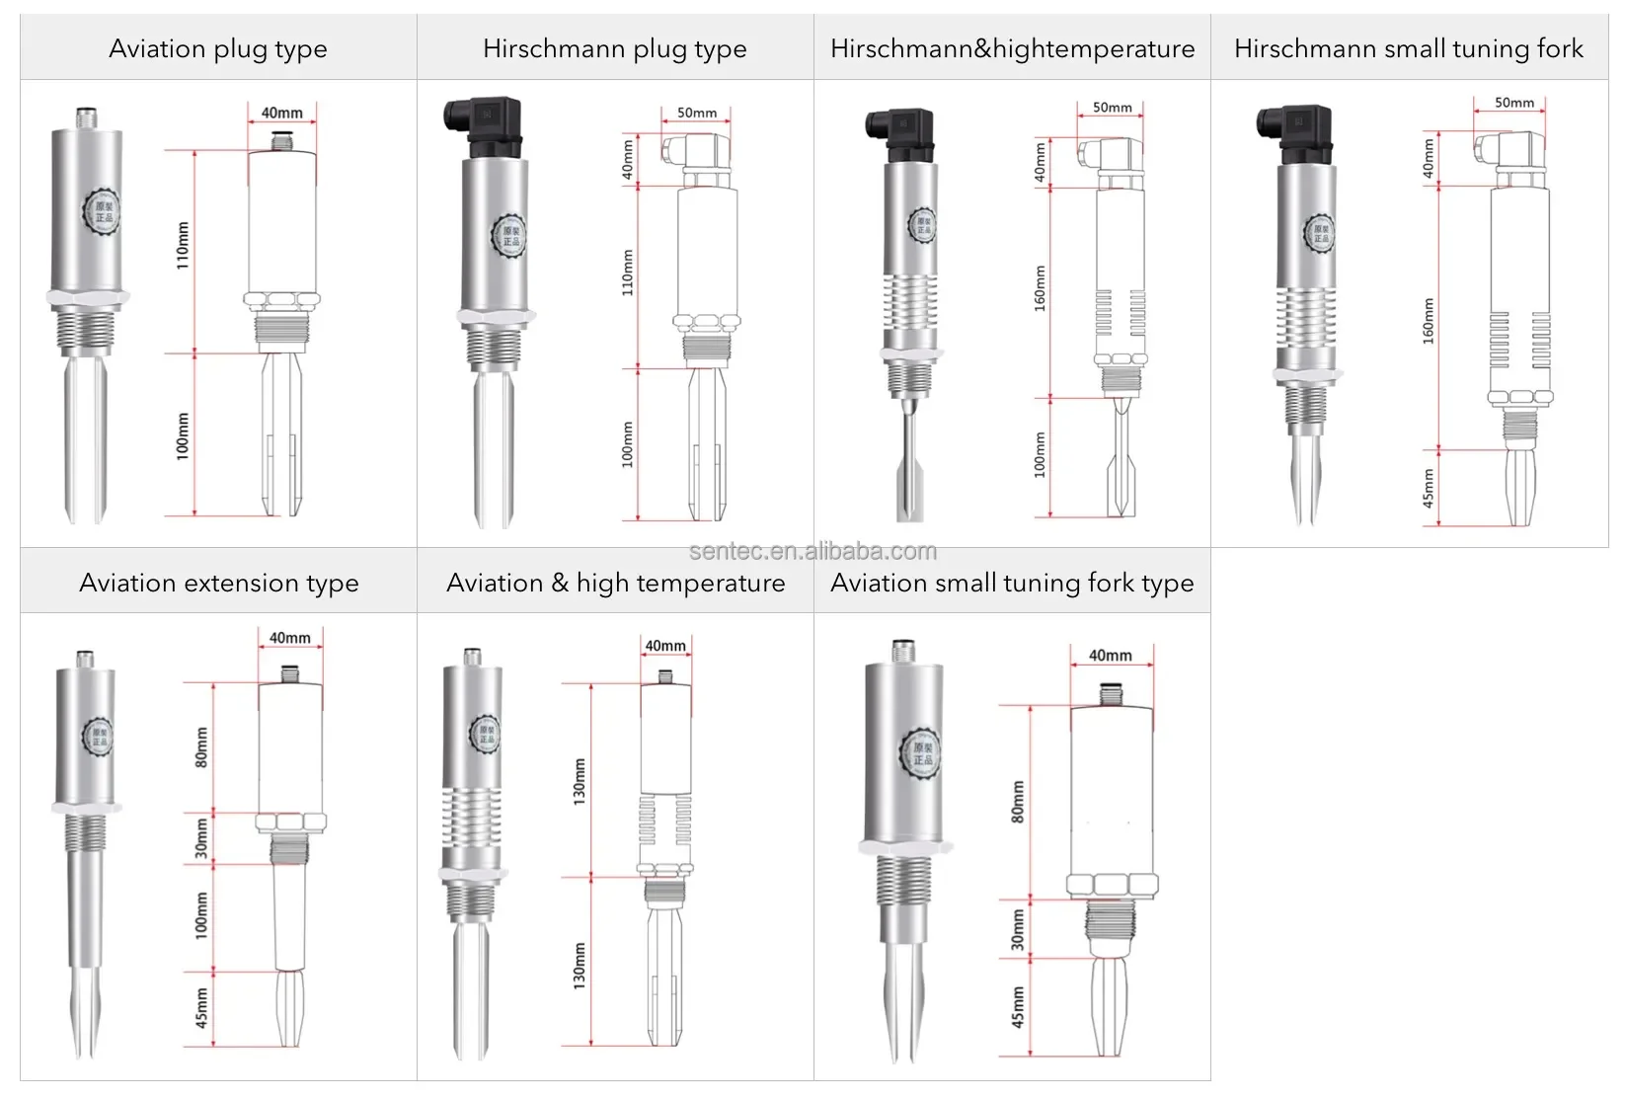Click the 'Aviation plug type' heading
point(218,48)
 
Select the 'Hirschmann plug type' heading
point(614,48)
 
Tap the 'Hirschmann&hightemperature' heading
point(1012,48)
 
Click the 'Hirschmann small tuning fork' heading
point(1409,48)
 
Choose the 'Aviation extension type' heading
point(218,583)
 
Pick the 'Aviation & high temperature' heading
point(615,583)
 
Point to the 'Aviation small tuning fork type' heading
point(1012,583)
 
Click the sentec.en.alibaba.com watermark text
point(812,551)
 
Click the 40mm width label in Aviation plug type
point(281,113)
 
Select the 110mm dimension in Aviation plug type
point(183,246)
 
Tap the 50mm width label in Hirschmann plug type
point(697,113)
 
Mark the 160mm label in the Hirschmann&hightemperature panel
point(1040,288)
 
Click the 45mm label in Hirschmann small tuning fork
point(1429,489)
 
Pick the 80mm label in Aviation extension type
point(201,747)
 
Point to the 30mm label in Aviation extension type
point(201,838)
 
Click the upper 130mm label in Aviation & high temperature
point(580,780)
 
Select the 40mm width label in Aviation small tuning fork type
point(1110,656)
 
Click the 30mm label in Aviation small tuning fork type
point(1018,929)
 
